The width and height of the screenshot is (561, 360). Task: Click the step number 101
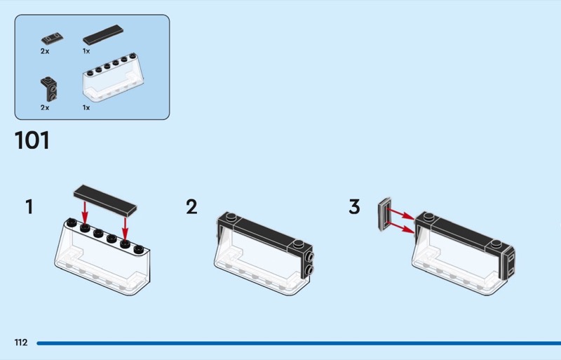point(32,140)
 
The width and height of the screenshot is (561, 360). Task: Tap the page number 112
point(21,342)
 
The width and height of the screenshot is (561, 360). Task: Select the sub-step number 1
point(29,207)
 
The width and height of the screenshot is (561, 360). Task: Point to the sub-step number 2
point(191,207)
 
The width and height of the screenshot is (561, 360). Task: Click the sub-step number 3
point(354,207)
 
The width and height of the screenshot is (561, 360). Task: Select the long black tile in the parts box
point(103,35)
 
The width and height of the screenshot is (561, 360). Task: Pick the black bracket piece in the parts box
point(48,89)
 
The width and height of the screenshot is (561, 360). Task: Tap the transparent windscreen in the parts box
point(113,77)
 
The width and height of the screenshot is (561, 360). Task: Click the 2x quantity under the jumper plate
point(45,51)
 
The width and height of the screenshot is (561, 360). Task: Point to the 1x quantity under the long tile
point(86,51)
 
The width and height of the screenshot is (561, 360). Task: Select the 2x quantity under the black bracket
point(45,107)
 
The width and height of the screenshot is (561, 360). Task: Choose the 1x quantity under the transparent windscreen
point(86,107)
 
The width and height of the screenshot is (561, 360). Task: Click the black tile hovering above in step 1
point(105,201)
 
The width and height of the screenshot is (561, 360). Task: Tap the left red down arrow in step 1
point(85,212)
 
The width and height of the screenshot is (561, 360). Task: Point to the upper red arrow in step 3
point(400,213)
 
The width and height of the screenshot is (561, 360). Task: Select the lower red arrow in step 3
point(400,227)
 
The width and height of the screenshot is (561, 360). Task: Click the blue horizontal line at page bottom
point(299,343)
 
